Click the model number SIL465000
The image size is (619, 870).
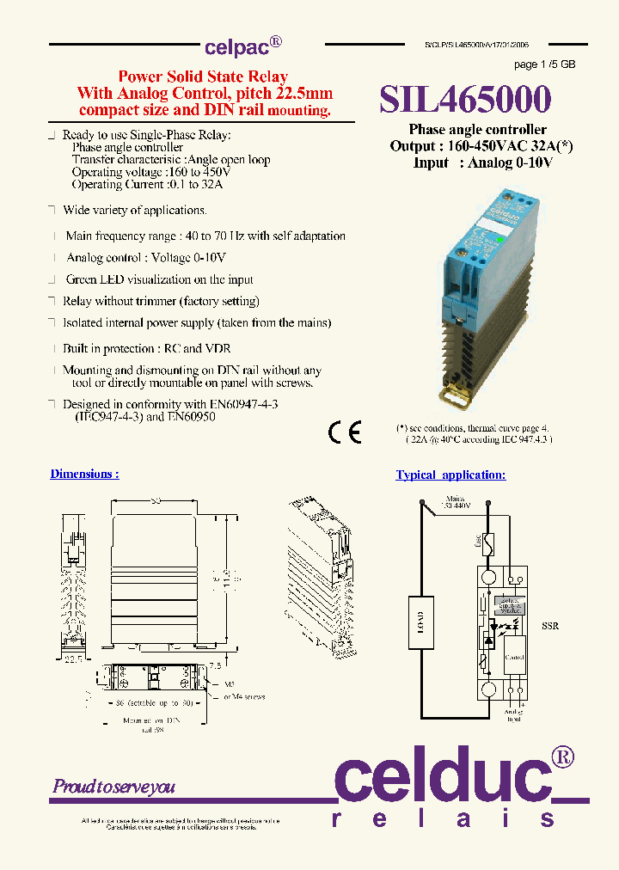tap(465, 101)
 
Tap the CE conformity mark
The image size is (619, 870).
tap(346, 432)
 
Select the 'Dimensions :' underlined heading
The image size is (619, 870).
tap(84, 474)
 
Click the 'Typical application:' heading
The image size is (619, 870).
tap(450, 475)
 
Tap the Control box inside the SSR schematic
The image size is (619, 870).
tap(514, 657)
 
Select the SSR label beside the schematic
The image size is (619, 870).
tap(550, 626)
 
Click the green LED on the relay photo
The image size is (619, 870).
tap(501, 241)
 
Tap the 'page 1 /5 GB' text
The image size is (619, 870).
tap(544, 64)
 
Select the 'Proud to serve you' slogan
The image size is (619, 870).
tap(113, 787)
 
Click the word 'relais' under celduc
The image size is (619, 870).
tap(444, 819)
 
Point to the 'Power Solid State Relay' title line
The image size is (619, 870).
tap(203, 77)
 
